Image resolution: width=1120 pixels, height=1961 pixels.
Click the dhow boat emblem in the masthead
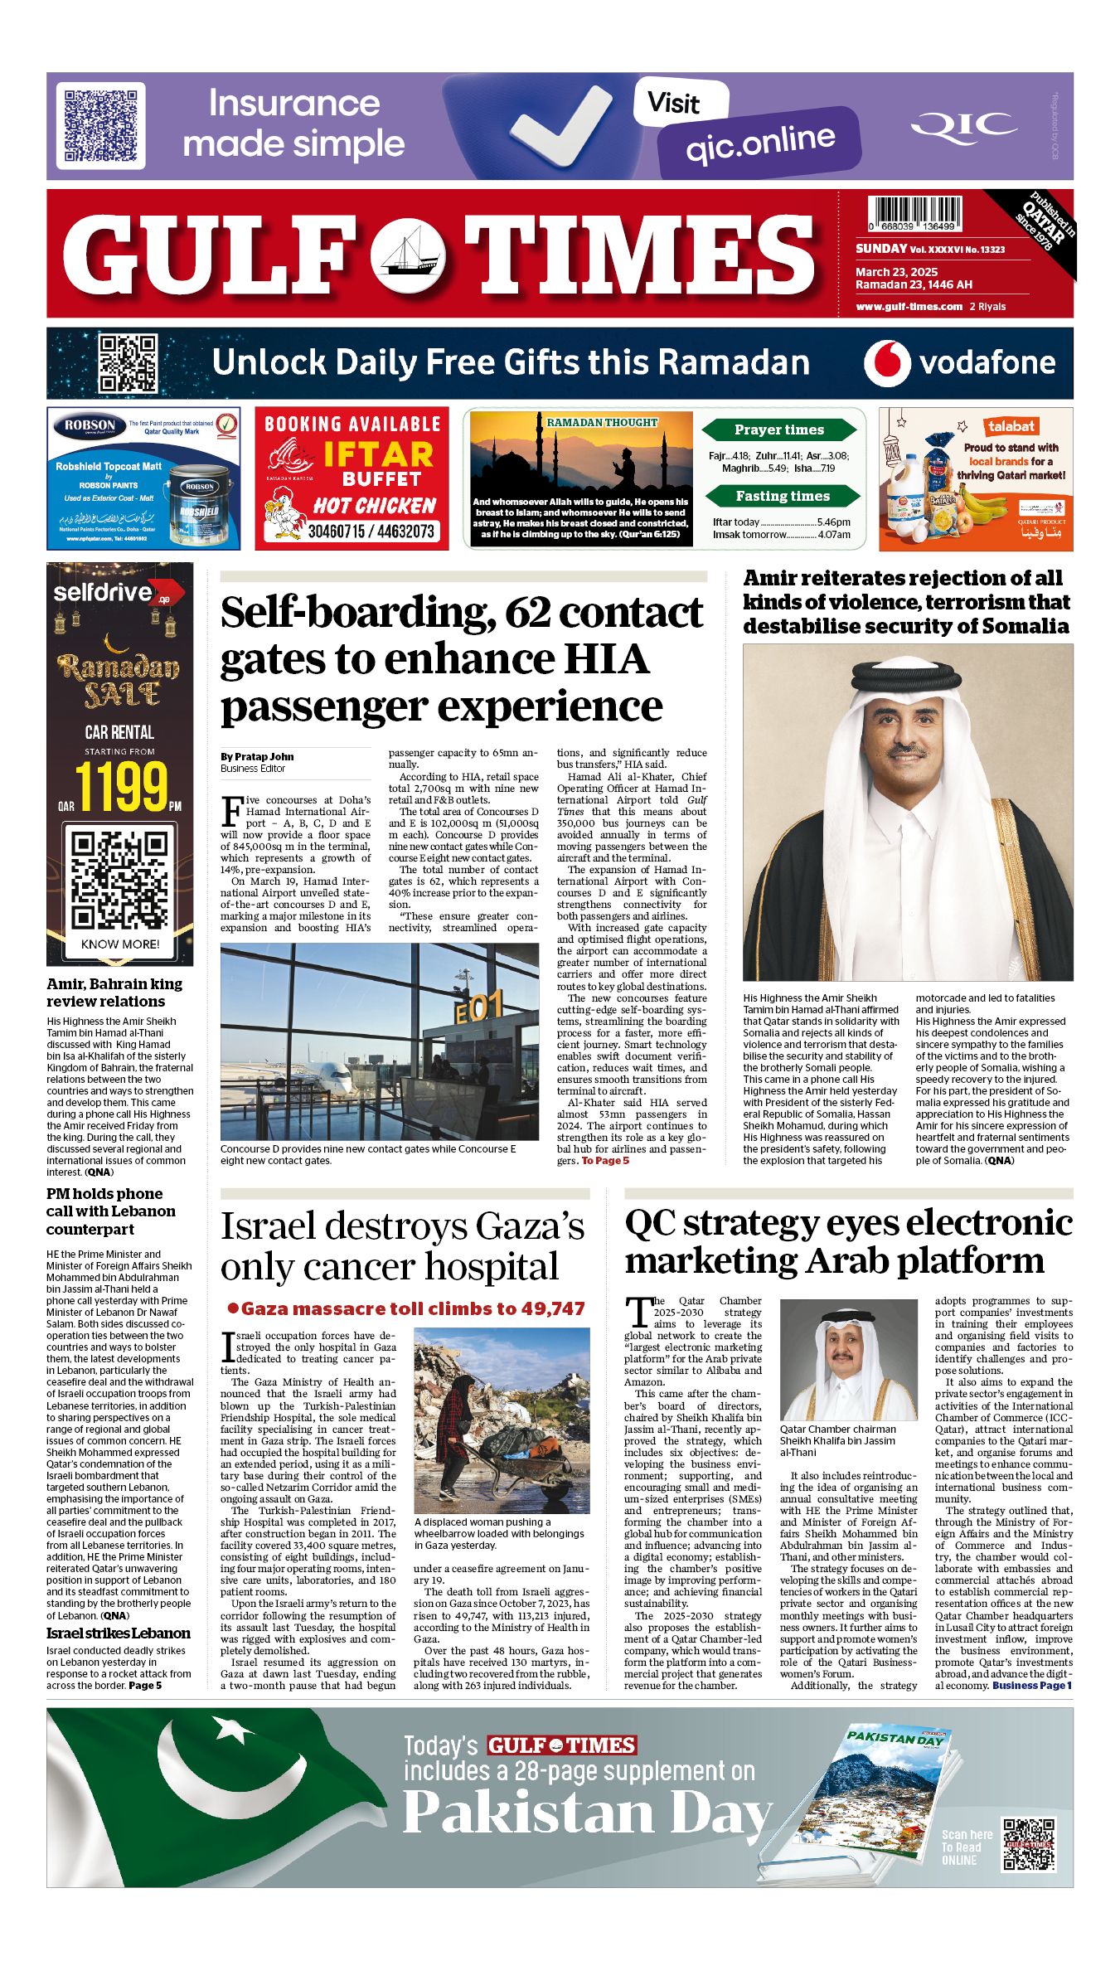pos(407,254)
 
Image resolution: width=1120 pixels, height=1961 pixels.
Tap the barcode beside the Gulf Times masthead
pos(914,213)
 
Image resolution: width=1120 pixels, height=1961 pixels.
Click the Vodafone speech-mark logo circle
pos(887,363)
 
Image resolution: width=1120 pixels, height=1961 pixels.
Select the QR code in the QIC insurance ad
pos(100,126)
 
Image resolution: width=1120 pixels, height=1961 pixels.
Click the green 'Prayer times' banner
pos(778,430)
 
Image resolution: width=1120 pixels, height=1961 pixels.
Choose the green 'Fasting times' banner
pos(782,496)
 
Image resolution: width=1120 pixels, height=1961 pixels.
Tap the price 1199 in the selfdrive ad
pos(121,786)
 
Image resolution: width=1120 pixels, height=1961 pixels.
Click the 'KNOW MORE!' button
pos(120,944)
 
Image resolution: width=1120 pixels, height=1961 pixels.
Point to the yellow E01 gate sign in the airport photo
pos(478,1008)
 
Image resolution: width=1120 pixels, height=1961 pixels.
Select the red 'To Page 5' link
pos(605,1161)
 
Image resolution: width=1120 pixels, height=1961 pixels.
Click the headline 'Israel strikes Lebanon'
pos(118,1633)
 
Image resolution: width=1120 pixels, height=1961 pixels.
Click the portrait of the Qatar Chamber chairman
pos(849,1360)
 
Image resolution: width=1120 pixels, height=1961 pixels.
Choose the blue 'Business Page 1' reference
pos(1031,1685)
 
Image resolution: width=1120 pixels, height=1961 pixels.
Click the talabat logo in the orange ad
pos(1011,426)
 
